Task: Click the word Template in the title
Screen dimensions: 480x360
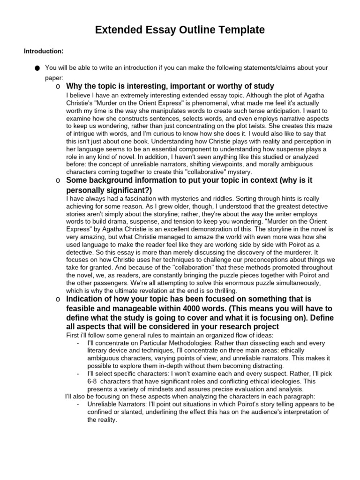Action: (x=238, y=30)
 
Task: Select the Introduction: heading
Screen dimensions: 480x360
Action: (x=44, y=51)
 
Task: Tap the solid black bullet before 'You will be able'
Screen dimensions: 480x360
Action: (x=37, y=68)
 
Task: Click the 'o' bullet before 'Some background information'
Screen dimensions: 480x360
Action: (x=58, y=180)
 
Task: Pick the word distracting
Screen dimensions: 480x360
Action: (x=262, y=366)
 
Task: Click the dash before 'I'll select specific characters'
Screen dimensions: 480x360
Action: (x=77, y=374)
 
